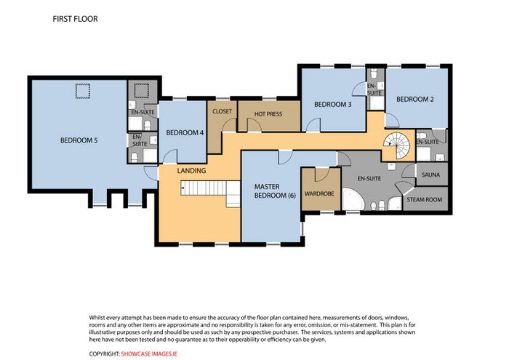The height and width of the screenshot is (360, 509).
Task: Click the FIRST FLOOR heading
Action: point(75,19)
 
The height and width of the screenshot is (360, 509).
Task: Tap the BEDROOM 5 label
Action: point(79,140)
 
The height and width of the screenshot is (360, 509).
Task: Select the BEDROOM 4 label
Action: point(185,132)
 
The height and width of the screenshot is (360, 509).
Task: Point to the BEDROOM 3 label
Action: point(333,104)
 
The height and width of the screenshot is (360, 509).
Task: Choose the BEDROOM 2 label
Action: point(415,99)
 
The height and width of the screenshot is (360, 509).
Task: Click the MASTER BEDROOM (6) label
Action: point(275,191)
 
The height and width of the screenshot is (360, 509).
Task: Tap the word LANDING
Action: point(191,170)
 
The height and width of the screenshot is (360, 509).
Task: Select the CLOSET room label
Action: point(222,111)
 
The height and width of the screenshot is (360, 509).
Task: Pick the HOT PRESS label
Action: point(268,114)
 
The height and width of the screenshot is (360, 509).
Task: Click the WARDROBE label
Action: point(319,193)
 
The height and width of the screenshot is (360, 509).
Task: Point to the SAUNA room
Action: point(430,175)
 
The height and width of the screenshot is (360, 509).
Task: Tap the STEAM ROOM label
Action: point(424,200)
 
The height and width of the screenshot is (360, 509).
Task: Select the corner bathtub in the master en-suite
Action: point(352,199)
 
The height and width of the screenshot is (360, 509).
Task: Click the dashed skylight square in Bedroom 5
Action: point(83,91)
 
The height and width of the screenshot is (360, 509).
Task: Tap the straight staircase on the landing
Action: point(210,191)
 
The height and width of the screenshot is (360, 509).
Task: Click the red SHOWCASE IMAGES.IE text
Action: point(149,354)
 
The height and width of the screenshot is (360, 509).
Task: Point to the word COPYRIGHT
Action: point(105,354)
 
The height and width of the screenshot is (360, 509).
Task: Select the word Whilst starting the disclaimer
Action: point(97,317)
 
